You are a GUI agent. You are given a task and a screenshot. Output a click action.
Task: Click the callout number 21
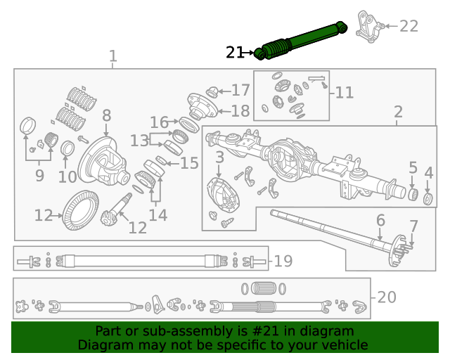point(234,52)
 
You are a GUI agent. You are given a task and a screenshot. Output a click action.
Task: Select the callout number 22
point(409,26)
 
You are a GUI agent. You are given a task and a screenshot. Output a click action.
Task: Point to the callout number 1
point(112,56)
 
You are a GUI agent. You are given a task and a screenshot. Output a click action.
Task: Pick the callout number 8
point(106,115)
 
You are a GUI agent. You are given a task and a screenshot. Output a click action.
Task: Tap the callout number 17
point(240,90)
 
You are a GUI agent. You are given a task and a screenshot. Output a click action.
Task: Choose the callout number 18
point(240,110)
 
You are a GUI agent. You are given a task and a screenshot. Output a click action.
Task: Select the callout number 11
point(345,92)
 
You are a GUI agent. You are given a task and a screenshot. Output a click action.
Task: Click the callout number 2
point(398,112)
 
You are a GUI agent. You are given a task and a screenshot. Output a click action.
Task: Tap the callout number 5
point(413,167)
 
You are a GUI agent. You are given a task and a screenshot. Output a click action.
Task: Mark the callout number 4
point(428,172)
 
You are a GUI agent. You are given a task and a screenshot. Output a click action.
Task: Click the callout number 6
point(380,220)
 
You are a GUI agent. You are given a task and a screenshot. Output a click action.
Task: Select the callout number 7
point(413,226)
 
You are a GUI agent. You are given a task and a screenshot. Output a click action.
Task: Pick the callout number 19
point(283,262)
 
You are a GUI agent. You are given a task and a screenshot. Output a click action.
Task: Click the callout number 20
point(387,297)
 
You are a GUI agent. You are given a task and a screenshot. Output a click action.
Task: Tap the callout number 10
point(67,177)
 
